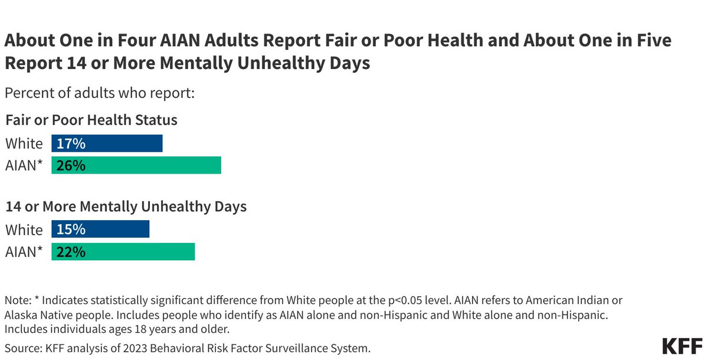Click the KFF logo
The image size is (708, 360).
click(x=681, y=345)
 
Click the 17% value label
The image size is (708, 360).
click(x=71, y=143)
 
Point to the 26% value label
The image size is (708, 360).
click(x=71, y=166)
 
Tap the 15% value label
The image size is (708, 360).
click(x=71, y=230)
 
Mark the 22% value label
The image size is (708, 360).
click(x=71, y=252)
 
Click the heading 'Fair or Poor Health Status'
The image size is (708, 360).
click(x=91, y=120)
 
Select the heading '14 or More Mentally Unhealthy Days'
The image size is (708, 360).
click(x=126, y=207)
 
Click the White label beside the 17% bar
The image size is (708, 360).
click(x=24, y=143)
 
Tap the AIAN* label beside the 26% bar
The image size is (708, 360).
click(x=24, y=166)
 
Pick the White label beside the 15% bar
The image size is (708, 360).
click(x=24, y=230)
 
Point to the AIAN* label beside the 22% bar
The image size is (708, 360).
click(x=24, y=252)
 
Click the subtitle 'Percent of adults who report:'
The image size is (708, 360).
click(x=100, y=93)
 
